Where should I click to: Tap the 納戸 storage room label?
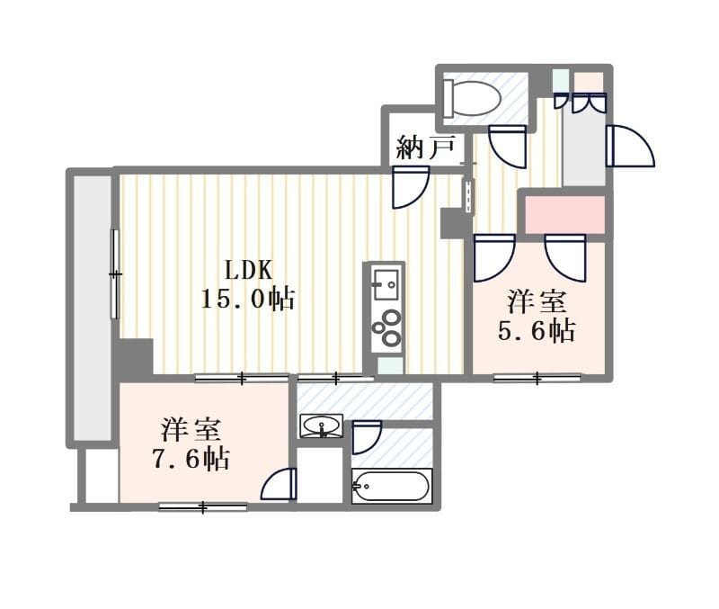point(425,148)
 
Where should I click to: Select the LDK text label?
point(249,270)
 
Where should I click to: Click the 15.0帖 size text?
point(248,300)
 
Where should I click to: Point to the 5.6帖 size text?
point(537,330)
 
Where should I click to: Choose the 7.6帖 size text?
point(191,458)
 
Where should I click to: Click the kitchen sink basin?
point(386,284)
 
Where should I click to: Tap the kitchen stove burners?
point(386,327)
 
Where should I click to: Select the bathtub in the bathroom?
point(391,486)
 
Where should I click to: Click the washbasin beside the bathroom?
point(321,425)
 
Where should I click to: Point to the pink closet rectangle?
point(564,215)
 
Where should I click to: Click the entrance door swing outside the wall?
point(630,146)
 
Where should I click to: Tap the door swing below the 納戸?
point(411,187)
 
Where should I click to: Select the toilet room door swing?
point(508,147)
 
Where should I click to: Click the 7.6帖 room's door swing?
point(280,484)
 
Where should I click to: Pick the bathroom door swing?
point(367,438)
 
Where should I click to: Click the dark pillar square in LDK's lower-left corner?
point(133,357)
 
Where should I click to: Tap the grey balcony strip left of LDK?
point(93,308)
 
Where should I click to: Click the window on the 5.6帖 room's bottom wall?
point(537,379)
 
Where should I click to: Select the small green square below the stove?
point(390,366)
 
